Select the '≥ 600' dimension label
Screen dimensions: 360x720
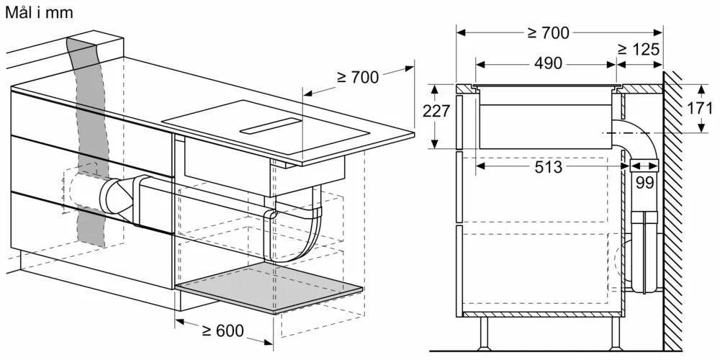coord(222,331)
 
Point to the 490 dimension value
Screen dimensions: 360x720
coord(548,63)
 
